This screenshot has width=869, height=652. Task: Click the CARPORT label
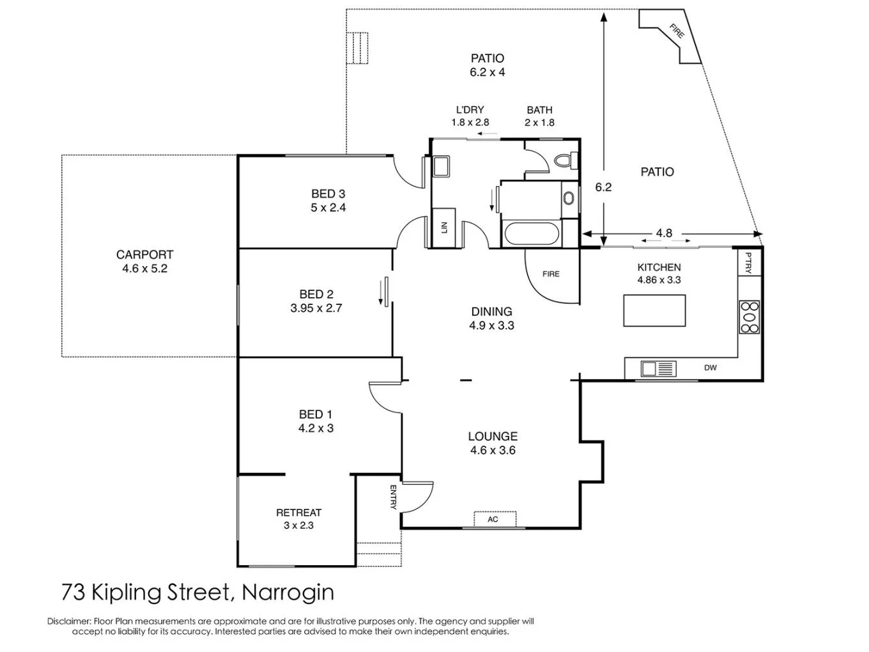tap(144, 254)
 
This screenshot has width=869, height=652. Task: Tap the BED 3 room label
tap(328, 194)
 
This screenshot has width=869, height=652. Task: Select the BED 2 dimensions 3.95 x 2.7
tap(316, 308)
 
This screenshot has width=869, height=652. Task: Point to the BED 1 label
tap(316, 414)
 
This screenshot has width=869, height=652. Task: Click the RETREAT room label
tap(298, 513)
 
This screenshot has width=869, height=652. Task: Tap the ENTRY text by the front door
tap(393, 497)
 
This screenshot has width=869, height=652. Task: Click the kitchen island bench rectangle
tap(654, 311)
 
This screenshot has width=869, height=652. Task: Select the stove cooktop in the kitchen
tap(750, 317)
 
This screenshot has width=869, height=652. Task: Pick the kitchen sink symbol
tap(659, 369)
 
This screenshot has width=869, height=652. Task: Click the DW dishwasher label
tap(710, 368)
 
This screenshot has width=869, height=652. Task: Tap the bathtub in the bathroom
tap(532, 235)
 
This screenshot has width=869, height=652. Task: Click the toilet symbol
tap(564, 160)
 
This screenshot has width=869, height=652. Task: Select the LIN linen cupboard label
tap(444, 228)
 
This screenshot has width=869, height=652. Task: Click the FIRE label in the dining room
tap(551, 274)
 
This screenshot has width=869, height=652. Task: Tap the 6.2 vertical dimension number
tap(603, 187)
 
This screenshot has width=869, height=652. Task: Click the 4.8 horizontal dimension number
tap(664, 233)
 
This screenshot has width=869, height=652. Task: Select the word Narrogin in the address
tap(288, 593)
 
